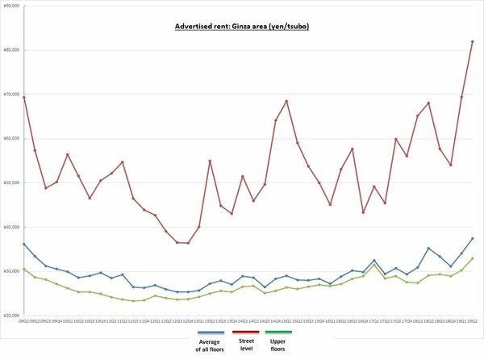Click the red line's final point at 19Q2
(x=472, y=41)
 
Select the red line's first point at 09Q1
(x=24, y=98)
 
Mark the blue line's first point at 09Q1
(x=24, y=244)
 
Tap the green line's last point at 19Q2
(x=472, y=258)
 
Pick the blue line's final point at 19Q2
(x=472, y=238)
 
